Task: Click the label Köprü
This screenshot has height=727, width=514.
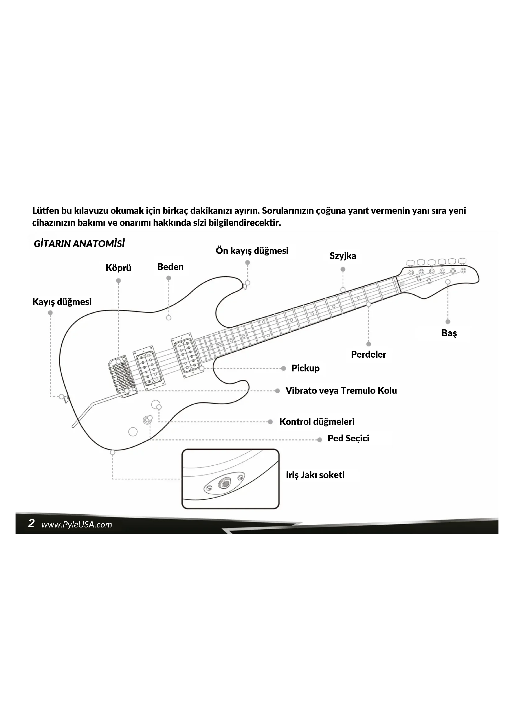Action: (118, 268)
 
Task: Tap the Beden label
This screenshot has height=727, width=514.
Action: (170, 267)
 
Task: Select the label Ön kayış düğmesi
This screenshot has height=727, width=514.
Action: (252, 251)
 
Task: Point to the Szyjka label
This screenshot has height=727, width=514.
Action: (343, 256)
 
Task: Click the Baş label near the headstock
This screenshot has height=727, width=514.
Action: (449, 333)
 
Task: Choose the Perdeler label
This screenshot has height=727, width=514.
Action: (369, 354)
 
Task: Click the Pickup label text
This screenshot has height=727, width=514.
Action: (305, 368)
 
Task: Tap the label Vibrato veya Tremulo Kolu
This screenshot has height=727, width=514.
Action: (341, 391)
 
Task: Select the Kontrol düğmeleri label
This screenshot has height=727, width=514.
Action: (317, 422)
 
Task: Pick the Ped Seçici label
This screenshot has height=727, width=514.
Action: (348, 439)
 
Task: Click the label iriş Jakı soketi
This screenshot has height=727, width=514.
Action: (315, 475)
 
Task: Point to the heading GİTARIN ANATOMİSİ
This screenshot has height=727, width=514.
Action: (79, 244)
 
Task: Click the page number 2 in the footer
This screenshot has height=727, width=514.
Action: (31, 523)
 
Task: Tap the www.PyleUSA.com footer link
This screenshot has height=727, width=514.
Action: (76, 525)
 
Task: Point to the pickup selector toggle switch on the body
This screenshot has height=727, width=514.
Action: (148, 420)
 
